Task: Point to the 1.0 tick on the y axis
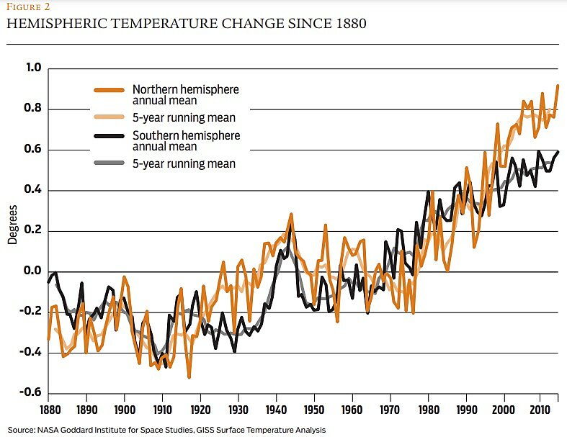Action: (x=34, y=69)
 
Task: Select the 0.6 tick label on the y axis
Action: (x=34, y=150)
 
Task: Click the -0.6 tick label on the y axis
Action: (x=32, y=393)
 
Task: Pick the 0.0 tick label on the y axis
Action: (x=34, y=271)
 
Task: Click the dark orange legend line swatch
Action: (x=110, y=90)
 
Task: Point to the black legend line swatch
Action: (x=110, y=140)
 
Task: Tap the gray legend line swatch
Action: (x=110, y=164)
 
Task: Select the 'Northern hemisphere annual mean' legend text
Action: (x=185, y=95)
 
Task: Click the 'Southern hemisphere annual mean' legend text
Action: (x=186, y=140)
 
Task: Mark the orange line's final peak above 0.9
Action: (x=558, y=86)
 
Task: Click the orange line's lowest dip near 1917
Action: (x=189, y=377)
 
